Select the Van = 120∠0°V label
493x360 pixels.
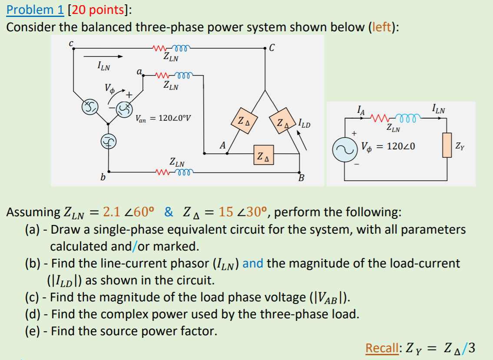[163, 118]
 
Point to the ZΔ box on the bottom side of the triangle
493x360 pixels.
[263, 155]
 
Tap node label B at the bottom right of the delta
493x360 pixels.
[301, 178]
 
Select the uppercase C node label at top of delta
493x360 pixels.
[271, 47]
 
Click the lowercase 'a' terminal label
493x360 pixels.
[139, 73]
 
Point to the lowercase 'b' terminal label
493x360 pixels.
[103, 177]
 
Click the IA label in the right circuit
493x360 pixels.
[360, 110]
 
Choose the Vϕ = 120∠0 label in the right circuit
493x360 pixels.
[388, 146]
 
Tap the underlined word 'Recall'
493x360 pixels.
[382, 348]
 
